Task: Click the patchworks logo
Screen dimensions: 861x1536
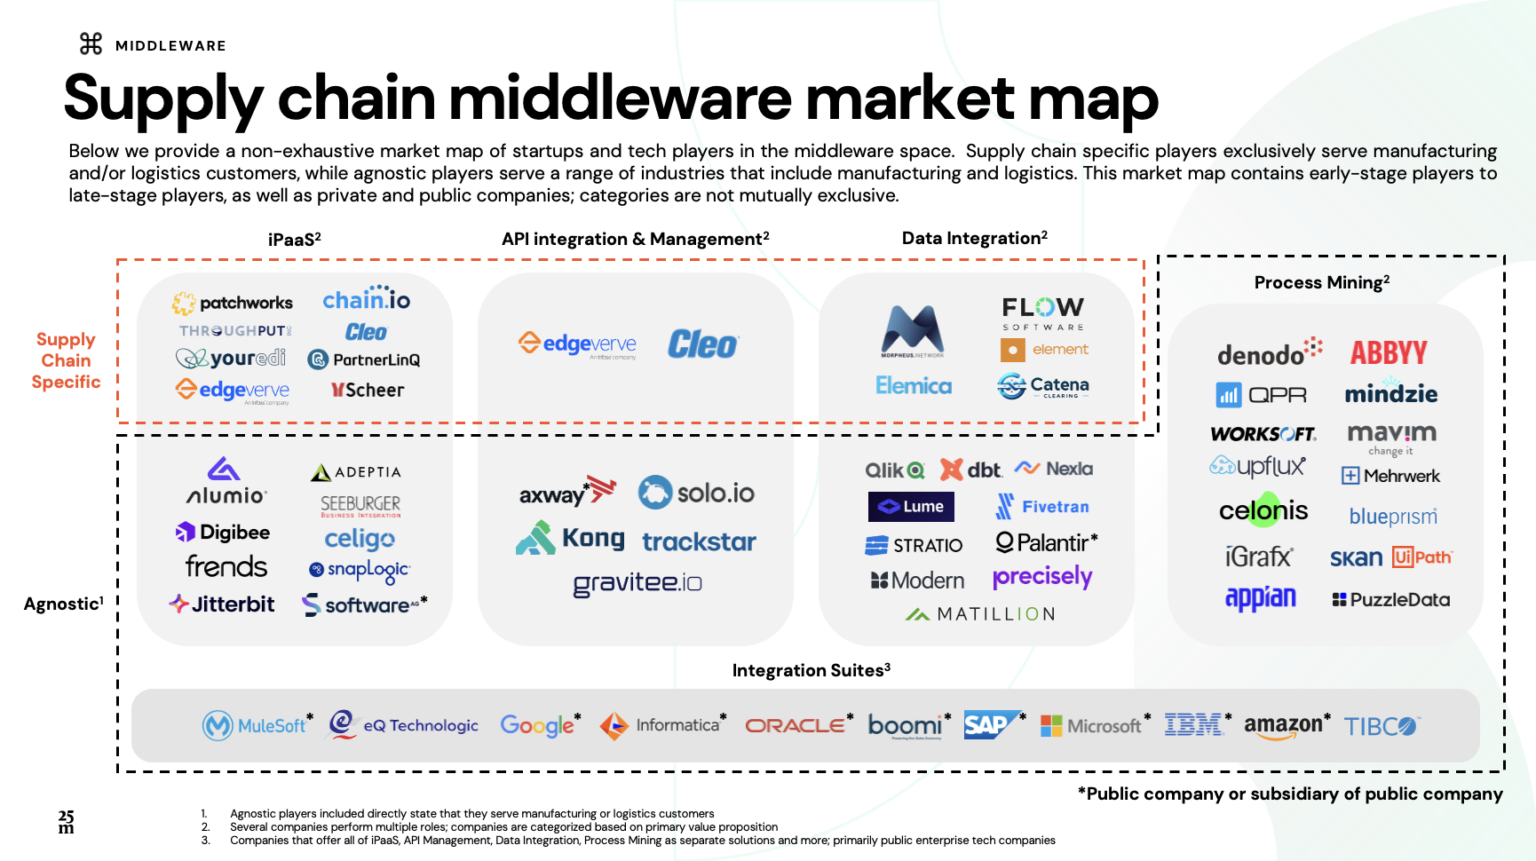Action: pos(233,304)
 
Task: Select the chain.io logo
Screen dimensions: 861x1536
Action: pos(366,299)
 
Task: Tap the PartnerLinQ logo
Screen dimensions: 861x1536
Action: pos(364,359)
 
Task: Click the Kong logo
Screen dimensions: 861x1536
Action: pos(571,539)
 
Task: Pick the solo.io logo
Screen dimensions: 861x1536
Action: pos(697,493)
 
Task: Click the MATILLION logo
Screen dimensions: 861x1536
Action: pos(980,614)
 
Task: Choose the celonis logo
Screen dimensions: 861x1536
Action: pos(1263,510)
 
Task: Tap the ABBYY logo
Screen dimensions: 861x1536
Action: pos(1389,353)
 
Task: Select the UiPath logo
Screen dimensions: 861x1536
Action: pos(1421,557)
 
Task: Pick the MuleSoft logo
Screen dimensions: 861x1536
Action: pos(257,725)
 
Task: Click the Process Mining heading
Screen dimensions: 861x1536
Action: pos(1321,282)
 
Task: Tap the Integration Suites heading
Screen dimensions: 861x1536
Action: pos(811,670)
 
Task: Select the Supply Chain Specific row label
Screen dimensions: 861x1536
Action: pos(66,360)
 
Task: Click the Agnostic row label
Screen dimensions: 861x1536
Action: pos(63,604)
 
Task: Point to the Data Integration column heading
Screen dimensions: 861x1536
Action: pos(974,238)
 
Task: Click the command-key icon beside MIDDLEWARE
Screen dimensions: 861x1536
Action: pos(91,43)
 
